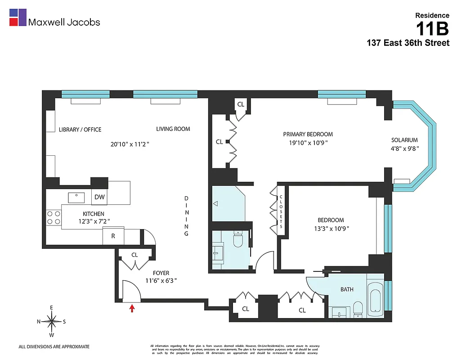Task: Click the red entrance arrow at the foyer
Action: click(132, 308)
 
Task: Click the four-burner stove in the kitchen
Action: click(54, 218)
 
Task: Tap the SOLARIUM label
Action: click(404, 140)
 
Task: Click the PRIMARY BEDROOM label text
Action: click(308, 134)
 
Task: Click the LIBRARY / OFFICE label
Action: click(80, 130)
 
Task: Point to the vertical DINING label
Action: click(187, 216)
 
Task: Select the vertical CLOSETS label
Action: click(281, 210)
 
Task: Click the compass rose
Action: click(52, 321)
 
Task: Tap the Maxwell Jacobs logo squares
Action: click(18, 17)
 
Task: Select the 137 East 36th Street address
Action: click(408, 43)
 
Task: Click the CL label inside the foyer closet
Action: click(134, 255)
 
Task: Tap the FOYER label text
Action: click(161, 273)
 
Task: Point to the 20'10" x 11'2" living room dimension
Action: click(130, 144)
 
